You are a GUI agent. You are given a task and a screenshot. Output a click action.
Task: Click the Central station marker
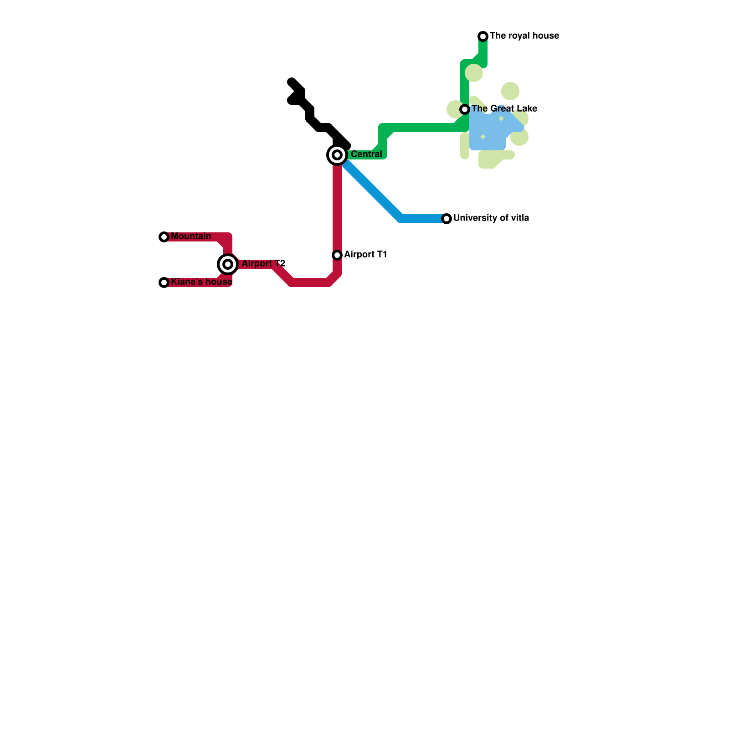click(x=337, y=155)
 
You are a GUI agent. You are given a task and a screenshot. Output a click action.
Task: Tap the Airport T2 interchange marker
click(x=228, y=264)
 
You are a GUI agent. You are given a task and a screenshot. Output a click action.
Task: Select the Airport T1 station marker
click(x=337, y=255)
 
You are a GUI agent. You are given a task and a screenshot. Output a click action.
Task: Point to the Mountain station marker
click(x=164, y=237)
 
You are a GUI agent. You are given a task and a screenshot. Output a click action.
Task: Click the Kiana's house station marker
click(x=164, y=282)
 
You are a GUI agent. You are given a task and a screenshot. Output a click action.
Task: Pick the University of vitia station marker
click(x=447, y=219)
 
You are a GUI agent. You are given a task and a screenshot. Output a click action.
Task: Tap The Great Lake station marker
click(x=465, y=109)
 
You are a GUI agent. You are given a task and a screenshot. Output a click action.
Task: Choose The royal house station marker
click(x=483, y=36)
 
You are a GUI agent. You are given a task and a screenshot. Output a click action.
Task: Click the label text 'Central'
click(x=366, y=154)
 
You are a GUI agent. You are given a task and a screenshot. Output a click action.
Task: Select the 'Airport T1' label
click(x=365, y=255)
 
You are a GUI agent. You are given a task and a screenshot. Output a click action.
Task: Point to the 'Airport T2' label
click(x=263, y=264)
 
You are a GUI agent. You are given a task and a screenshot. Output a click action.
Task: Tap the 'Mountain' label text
click(x=191, y=236)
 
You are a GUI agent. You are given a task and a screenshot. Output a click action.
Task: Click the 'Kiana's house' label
click(x=201, y=282)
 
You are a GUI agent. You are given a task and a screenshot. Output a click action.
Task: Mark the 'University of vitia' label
click(x=491, y=218)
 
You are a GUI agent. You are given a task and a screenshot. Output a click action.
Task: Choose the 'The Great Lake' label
click(x=504, y=109)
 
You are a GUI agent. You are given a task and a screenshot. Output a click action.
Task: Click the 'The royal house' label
click(x=524, y=36)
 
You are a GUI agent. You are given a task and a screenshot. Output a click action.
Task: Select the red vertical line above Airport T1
click(x=337, y=205)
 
